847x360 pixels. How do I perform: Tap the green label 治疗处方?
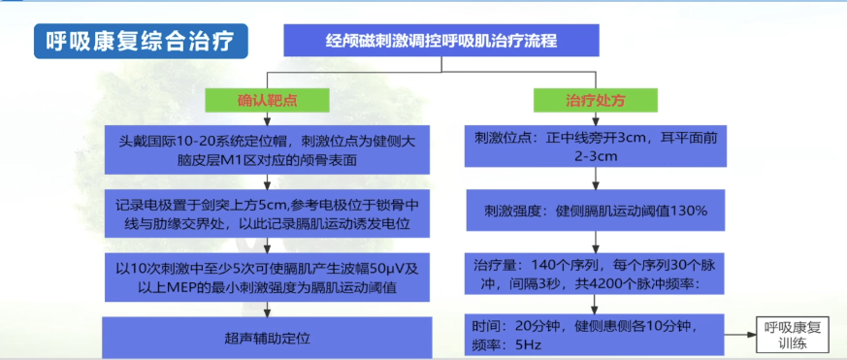pyautogui.click(x=595, y=100)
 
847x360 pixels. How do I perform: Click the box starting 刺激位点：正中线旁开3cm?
pyautogui.click(x=594, y=148)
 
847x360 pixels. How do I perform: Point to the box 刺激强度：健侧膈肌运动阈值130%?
pyautogui.click(x=594, y=210)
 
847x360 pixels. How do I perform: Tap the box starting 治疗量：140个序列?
pyautogui.click(x=594, y=275)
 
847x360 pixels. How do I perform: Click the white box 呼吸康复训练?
pyautogui.click(x=793, y=333)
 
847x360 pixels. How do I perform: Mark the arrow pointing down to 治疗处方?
pyautogui.click(x=595, y=79)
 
